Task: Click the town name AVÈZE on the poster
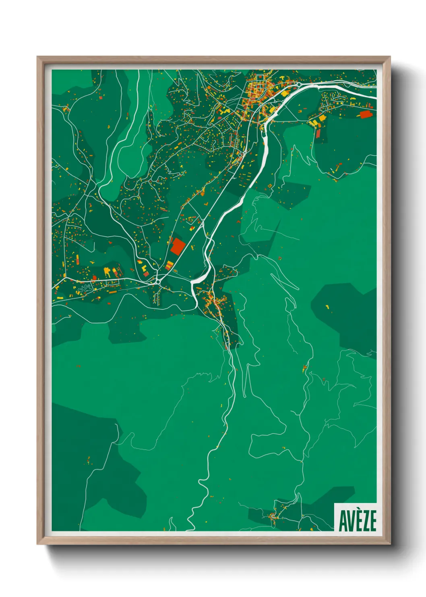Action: pos(357,520)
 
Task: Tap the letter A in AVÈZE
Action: pos(343,521)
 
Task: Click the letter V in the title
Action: pos(350,521)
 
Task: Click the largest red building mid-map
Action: pos(177,246)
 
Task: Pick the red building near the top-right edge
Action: pos(365,114)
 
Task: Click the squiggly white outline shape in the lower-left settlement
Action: pos(85,288)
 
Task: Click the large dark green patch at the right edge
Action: pos(346,315)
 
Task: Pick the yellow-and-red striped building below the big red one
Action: pos(170,265)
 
